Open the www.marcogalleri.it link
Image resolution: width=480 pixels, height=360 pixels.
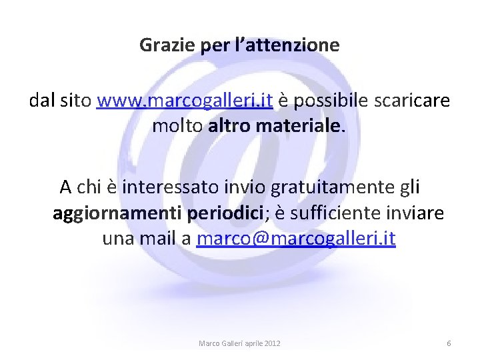tap(185, 101)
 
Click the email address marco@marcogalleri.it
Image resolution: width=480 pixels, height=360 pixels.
tap(296, 239)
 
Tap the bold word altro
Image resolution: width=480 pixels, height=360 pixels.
tap(227, 125)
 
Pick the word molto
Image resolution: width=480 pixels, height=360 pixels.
tap(177, 125)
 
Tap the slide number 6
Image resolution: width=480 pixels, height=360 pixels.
tap(449, 343)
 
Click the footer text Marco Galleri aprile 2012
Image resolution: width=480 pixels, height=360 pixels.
tap(239, 343)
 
